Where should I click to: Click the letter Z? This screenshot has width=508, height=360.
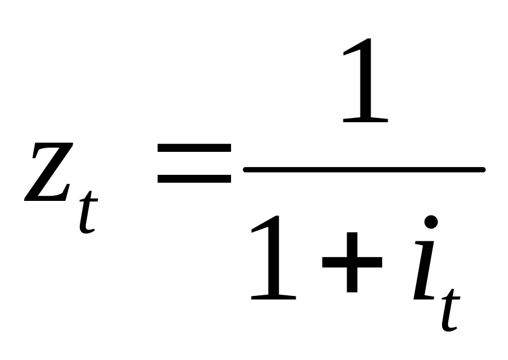coord(49,172)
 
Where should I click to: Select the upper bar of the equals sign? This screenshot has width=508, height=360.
coord(194,147)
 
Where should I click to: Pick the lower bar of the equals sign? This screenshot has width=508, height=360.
coord(194,178)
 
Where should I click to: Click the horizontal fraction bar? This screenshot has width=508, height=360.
coord(363,170)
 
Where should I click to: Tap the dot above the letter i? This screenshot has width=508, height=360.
coord(431,221)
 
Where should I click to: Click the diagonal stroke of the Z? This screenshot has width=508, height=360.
coord(50,172)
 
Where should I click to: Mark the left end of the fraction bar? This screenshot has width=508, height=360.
coord(247,170)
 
